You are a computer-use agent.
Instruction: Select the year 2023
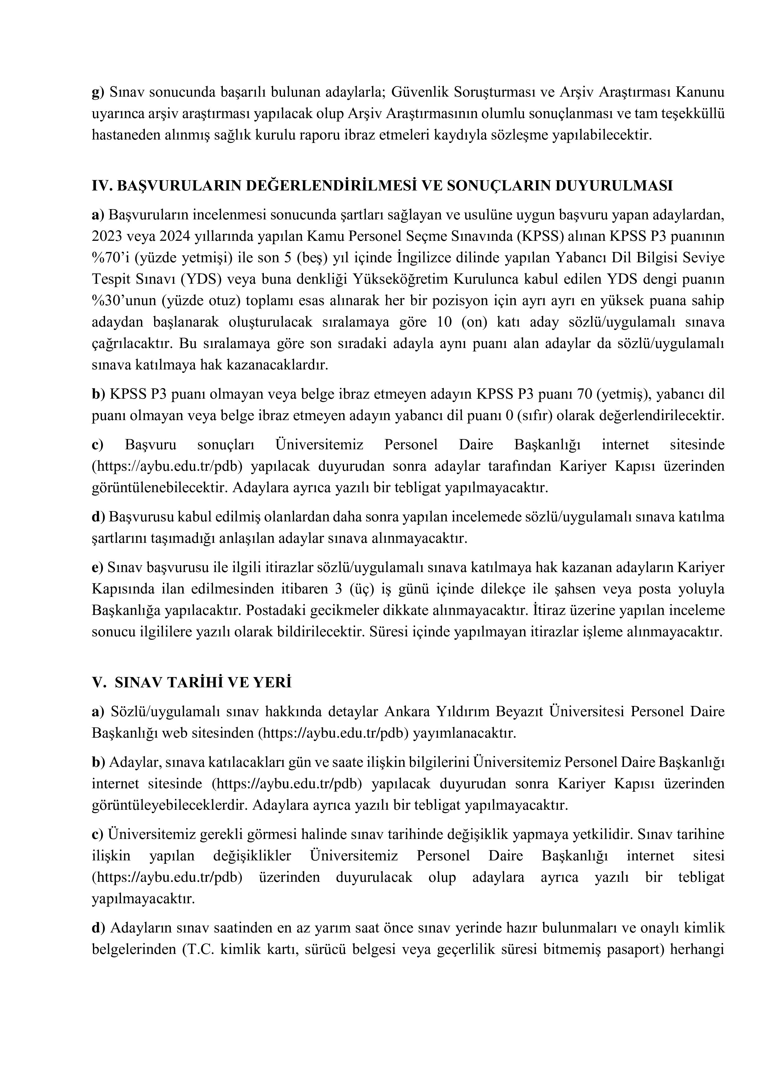click(x=107, y=236)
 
